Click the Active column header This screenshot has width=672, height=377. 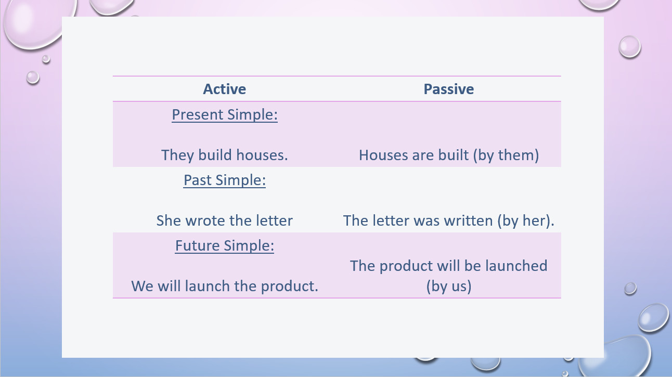(224, 89)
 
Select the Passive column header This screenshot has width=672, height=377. (448, 89)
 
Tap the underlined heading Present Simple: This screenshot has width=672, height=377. (225, 114)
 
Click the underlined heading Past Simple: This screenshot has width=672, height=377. (224, 180)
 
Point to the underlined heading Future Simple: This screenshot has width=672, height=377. (224, 245)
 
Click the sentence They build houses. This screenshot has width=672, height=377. (224, 155)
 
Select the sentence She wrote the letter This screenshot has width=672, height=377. (224, 220)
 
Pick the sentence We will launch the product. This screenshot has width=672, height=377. (224, 286)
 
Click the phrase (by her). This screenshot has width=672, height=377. (526, 221)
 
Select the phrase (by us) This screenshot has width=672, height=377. (449, 286)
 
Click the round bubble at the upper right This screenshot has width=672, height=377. (630, 47)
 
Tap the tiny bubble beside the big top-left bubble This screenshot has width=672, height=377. (46, 59)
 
